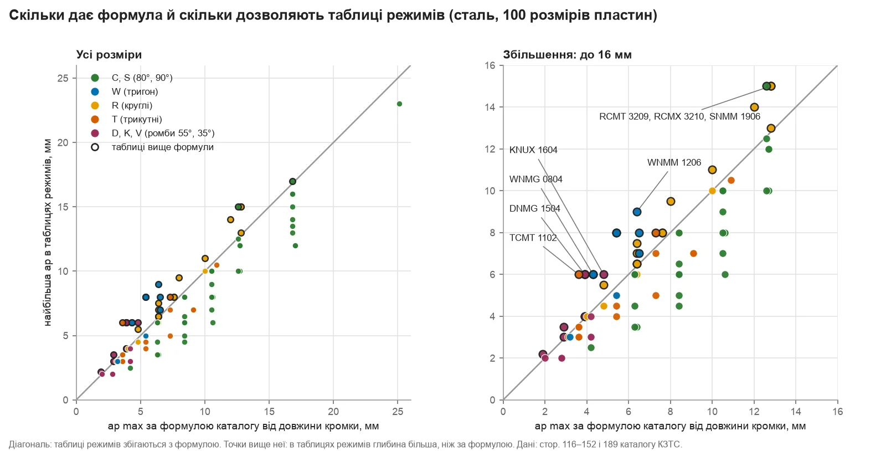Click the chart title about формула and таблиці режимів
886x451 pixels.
click(333, 16)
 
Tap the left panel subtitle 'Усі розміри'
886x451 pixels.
click(109, 55)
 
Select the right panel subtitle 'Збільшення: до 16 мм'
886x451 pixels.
click(567, 55)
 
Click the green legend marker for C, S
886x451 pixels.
click(95, 78)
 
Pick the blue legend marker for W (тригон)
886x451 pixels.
click(95, 92)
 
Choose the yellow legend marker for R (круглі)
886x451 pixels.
click(95, 106)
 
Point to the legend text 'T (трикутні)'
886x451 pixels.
click(137, 120)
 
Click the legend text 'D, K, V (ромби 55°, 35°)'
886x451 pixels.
click(163, 134)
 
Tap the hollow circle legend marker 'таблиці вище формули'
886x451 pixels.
click(95, 147)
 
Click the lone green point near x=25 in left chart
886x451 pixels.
click(399, 104)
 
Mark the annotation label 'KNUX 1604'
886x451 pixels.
click(533, 150)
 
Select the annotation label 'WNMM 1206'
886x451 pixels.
click(674, 162)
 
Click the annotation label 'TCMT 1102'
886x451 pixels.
click(533, 238)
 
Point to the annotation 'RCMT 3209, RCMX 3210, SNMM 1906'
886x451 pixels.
click(679, 117)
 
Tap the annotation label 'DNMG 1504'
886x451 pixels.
click(535, 208)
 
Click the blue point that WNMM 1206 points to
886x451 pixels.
click(637, 212)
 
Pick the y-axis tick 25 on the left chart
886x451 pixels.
click(63, 78)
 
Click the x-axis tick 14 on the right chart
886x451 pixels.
click(796, 412)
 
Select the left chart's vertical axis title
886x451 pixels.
click(48, 233)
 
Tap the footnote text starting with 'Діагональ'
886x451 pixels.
click(346, 444)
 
